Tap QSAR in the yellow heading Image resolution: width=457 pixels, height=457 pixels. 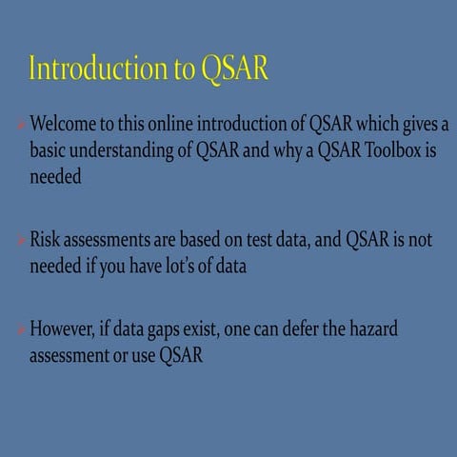tap(235, 70)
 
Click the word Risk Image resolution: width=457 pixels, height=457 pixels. tap(48, 240)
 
